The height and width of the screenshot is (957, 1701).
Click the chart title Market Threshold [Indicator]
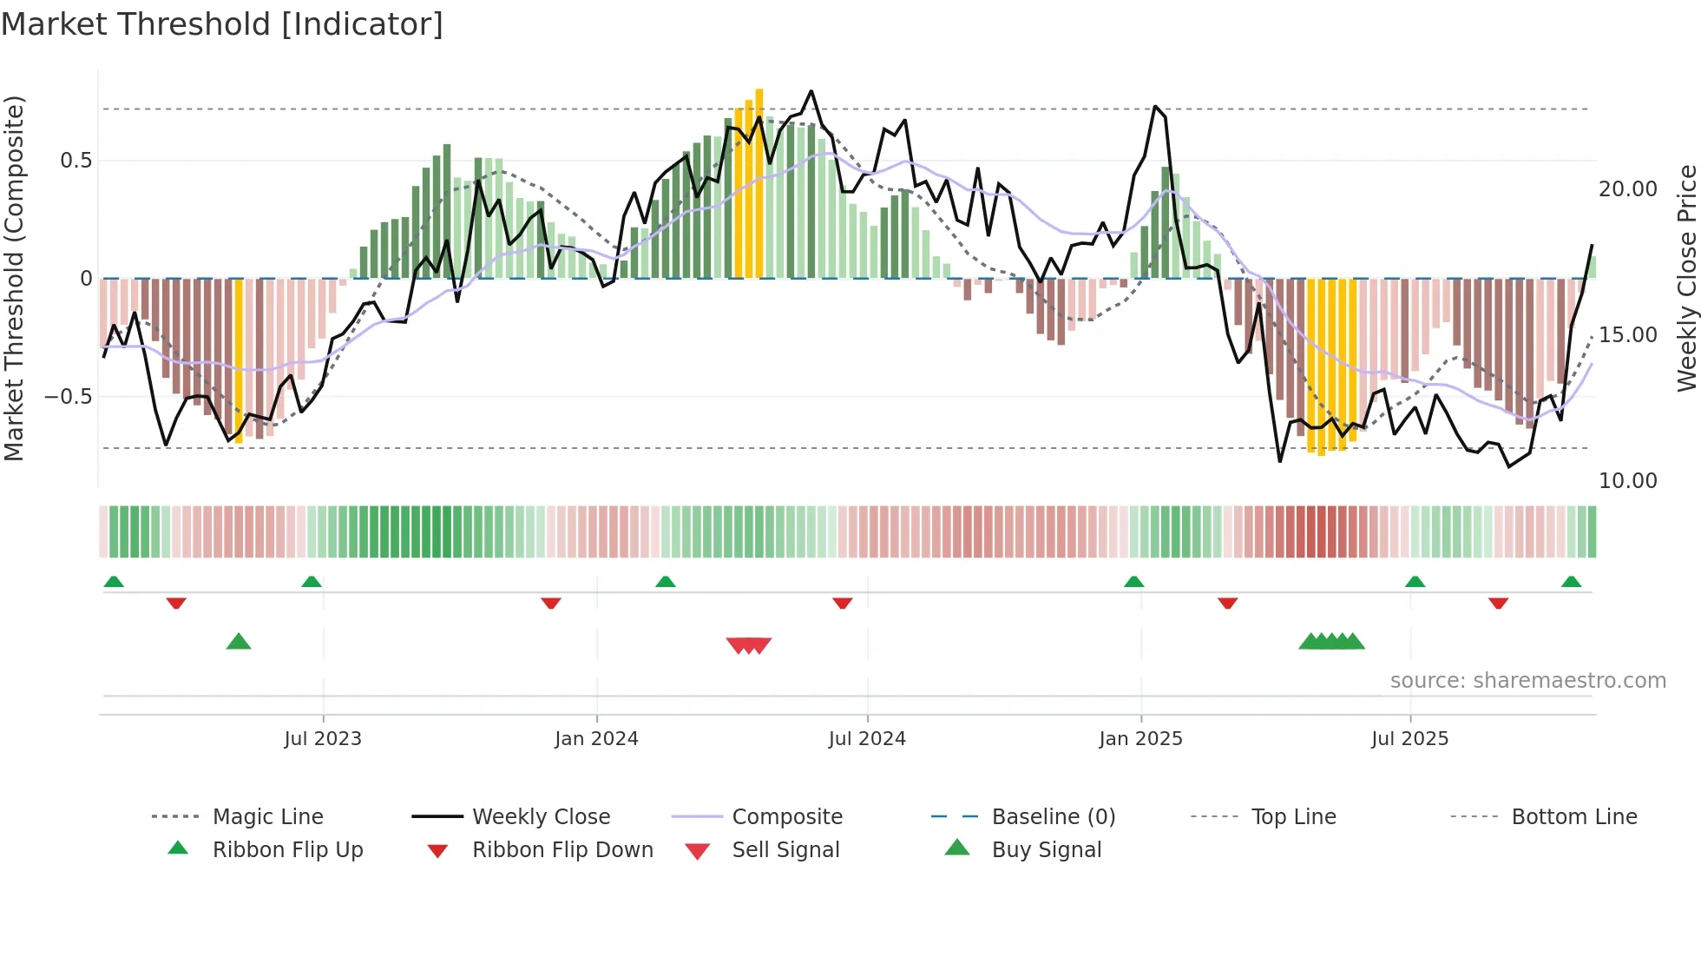222,24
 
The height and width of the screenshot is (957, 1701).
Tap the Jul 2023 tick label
323,739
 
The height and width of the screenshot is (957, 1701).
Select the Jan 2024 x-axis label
597,739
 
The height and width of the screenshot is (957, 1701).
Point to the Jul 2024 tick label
867,739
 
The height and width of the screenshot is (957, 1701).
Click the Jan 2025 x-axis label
1140,739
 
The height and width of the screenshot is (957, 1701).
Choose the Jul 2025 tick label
1410,739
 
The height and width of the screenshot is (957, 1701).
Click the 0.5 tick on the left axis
76,161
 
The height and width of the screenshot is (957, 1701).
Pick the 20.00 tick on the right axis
1628,189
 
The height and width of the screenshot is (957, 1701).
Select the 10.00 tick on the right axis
1628,481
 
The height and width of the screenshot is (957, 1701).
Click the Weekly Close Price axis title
1686,278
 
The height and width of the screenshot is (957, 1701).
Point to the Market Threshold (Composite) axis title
14,278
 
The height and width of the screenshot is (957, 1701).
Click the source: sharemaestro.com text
1527,681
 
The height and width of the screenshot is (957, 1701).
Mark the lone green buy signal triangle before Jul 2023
239,642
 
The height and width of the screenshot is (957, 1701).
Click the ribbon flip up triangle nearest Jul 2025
1415,582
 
